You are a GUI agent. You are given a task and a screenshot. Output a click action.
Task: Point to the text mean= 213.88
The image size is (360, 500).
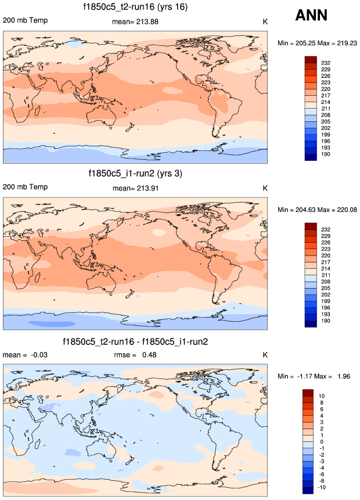(135, 21)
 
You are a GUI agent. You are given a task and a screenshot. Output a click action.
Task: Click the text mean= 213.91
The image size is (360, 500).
(135, 188)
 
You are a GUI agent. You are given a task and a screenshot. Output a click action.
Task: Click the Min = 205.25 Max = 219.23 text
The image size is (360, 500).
(317, 43)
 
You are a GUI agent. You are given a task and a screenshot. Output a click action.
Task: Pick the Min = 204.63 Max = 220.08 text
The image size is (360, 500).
(317, 210)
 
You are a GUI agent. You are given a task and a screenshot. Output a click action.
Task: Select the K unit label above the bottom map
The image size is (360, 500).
(265, 355)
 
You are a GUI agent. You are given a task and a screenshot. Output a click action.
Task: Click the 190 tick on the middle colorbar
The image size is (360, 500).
(325, 320)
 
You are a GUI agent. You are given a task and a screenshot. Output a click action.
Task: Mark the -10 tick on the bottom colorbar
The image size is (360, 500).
(325, 487)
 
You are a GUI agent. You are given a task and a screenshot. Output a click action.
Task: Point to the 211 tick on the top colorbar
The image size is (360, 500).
(325, 108)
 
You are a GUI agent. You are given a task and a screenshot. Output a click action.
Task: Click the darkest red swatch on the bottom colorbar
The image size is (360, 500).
(308, 393)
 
